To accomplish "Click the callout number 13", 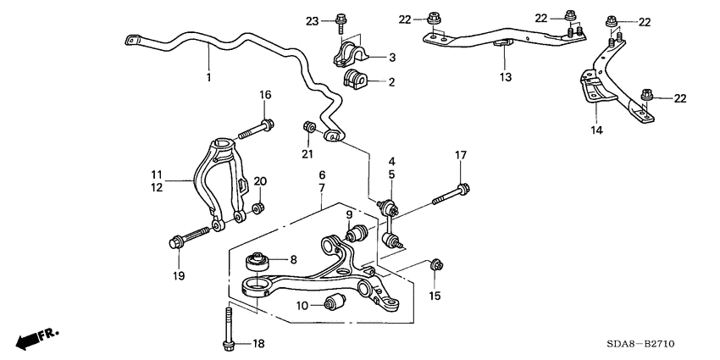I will (x=504, y=77).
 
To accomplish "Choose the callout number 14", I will (x=595, y=131).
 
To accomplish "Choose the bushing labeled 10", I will (x=335, y=302).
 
